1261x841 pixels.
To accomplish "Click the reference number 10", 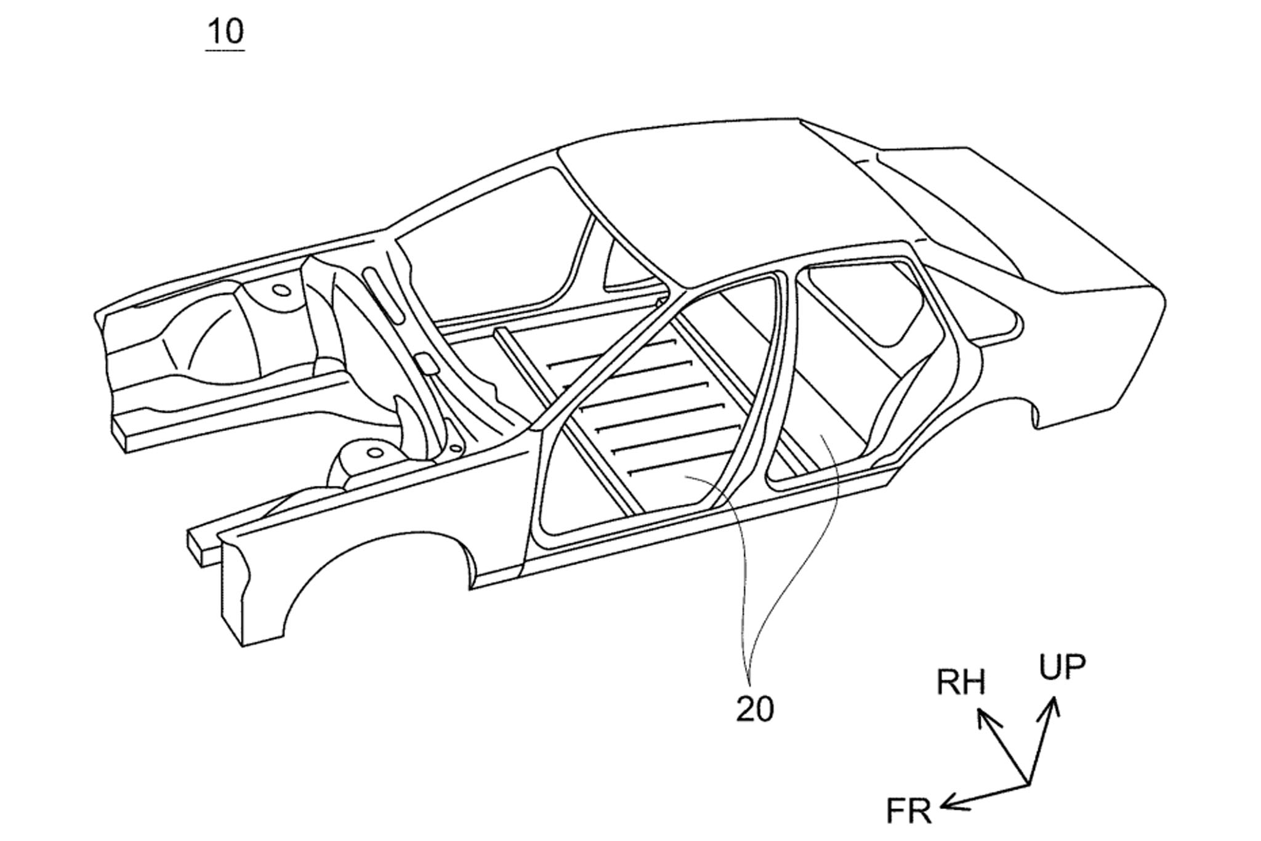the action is point(226,31).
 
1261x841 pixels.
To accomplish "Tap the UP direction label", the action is point(1063,667).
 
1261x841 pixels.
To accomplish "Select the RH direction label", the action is point(961,683).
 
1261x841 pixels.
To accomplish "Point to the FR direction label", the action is point(909,811).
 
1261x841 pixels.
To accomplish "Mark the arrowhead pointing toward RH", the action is point(985,717).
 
